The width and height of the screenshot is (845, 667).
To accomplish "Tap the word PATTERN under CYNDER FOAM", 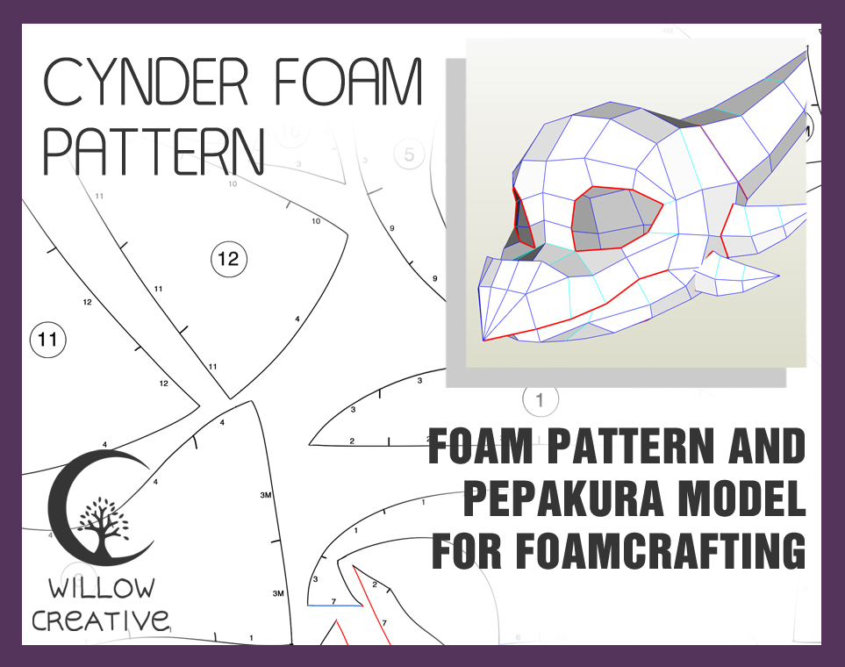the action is [x=154, y=152].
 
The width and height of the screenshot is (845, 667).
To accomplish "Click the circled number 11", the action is [x=48, y=340].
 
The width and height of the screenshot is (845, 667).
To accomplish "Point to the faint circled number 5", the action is [x=408, y=155].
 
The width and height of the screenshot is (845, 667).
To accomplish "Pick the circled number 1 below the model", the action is [x=540, y=400].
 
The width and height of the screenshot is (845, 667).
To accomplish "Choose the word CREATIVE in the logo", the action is [x=100, y=620].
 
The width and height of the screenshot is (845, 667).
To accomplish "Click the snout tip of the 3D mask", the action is [x=484, y=336].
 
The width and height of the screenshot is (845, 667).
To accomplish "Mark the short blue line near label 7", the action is [x=334, y=606].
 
